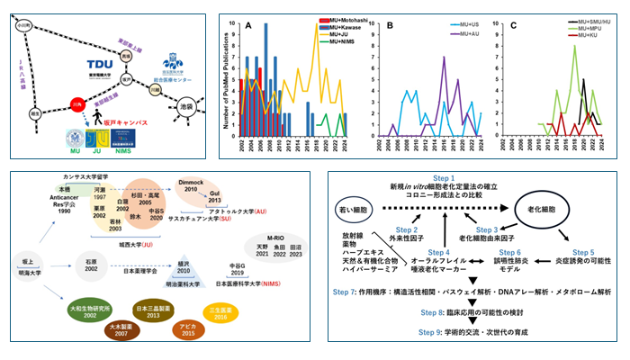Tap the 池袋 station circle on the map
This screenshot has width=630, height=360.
coord(187,107)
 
